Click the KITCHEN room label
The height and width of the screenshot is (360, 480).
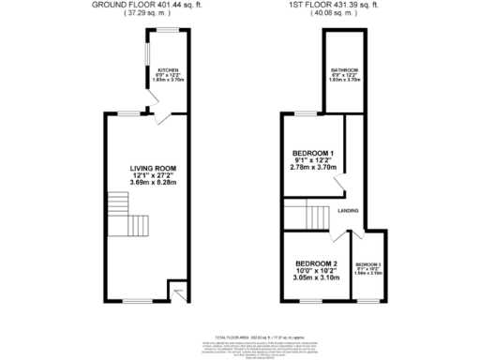(x=169, y=70)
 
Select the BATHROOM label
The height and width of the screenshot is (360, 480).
(x=344, y=70)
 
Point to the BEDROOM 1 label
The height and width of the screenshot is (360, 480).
(x=312, y=153)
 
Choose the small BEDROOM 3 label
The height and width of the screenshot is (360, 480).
(x=367, y=264)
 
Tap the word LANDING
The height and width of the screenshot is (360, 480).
(x=352, y=210)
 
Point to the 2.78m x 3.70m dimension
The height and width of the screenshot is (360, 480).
(x=312, y=170)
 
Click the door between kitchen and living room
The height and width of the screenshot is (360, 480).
(x=161, y=116)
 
